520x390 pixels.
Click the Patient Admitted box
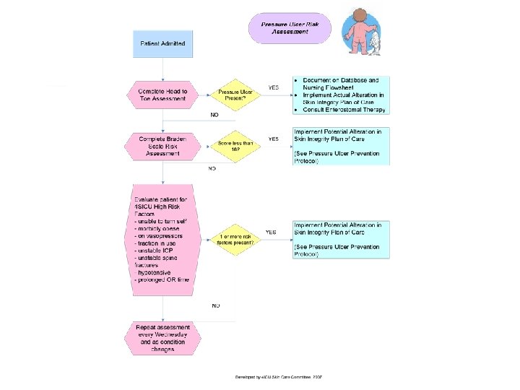coord(162,44)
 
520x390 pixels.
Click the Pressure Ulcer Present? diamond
coord(235,95)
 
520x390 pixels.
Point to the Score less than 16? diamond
coord(235,147)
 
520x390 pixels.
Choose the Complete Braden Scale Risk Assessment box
coord(162,145)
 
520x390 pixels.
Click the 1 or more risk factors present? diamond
coord(235,239)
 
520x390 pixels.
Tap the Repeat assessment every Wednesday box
coord(162,338)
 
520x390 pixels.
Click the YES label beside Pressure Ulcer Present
coord(274,87)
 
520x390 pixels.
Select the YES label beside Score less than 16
coord(274,139)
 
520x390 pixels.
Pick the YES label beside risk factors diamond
coord(271,233)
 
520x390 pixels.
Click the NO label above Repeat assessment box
coord(215,306)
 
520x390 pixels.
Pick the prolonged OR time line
coord(163,279)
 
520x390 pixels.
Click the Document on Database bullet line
coord(340,79)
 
